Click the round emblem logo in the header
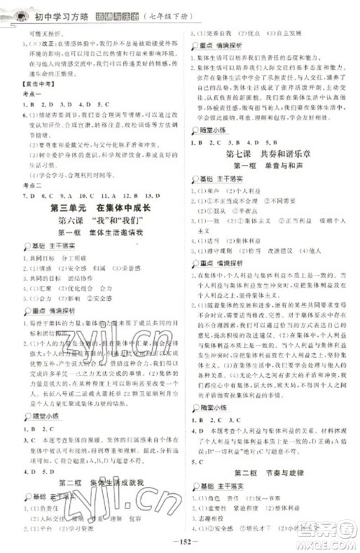15,9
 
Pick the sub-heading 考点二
29,185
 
